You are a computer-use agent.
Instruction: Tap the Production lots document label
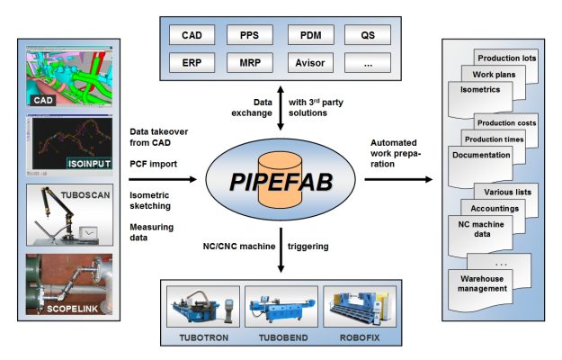pos(506,58)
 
